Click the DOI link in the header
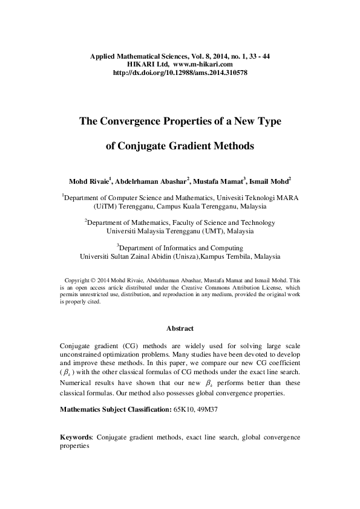pos(180,73)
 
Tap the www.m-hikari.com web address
pos(203,64)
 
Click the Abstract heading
pos(180,329)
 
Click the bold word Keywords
pos(76,436)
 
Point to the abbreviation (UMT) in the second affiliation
pos(209,231)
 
